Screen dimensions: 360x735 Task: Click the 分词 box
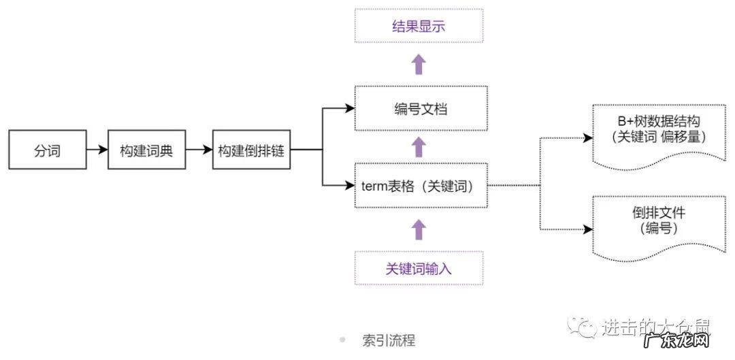coord(48,150)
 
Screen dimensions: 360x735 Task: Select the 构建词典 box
coord(146,150)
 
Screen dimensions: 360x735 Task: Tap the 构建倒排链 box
coord(251,150)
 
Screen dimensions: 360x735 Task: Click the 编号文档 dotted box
coord(421,108)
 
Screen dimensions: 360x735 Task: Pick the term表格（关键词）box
coord(421,185)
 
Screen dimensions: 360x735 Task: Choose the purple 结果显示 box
coord(419,27)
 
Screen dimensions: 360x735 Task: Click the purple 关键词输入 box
coord(419,268)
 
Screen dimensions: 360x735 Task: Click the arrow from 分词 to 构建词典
coord(97,150)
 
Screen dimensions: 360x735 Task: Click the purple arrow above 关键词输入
coord(419,229)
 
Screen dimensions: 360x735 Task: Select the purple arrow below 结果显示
coord(419,65)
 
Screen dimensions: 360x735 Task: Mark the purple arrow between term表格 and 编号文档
coord(419,146)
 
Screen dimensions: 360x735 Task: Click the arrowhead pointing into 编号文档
coord(349,108)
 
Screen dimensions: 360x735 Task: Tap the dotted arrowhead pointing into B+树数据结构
coord(587,138)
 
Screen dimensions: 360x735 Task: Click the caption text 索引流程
coord(389,340)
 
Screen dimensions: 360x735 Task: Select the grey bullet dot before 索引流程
coord(342,339)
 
